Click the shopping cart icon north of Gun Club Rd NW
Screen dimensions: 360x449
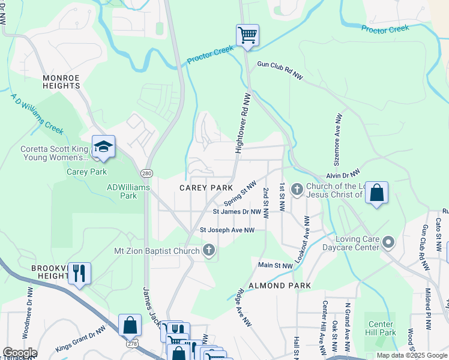247,35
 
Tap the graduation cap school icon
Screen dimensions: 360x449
103,147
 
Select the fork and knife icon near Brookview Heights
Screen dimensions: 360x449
79,274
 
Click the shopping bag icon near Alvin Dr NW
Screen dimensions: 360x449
376,193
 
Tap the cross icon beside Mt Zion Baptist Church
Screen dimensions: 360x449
208,250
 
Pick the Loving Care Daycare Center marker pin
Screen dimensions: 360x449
388,243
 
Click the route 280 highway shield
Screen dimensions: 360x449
146,173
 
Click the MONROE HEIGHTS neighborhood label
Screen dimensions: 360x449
61,82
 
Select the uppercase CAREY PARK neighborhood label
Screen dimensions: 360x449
206,188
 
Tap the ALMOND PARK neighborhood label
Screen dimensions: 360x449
280,286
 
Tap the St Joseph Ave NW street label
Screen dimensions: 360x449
227,230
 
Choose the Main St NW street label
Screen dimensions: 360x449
276,265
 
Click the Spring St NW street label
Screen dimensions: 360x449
240,193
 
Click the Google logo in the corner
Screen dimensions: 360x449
20,353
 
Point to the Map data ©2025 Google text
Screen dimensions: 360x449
411,355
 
